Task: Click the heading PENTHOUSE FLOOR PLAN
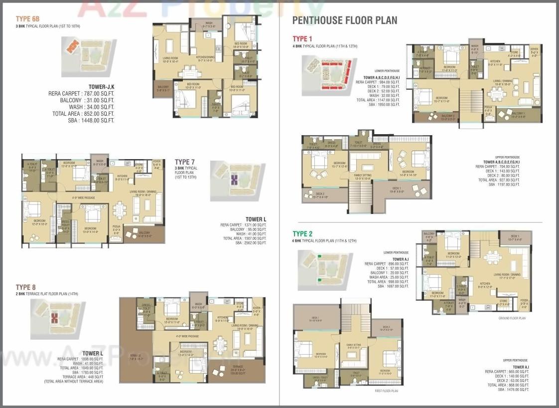[x=345, y=20]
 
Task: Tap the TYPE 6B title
[x=24, y=19]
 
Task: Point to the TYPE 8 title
[x=26, y=287]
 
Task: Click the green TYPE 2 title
[x=303, y=233]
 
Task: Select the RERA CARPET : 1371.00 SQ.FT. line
[x=243, y=225]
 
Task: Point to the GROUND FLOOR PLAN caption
[x=512, y=318]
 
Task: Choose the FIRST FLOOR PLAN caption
[x=386, y=391]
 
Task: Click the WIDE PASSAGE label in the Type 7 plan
[x=83, y=198]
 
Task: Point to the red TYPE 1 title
[x=302, y=39]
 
